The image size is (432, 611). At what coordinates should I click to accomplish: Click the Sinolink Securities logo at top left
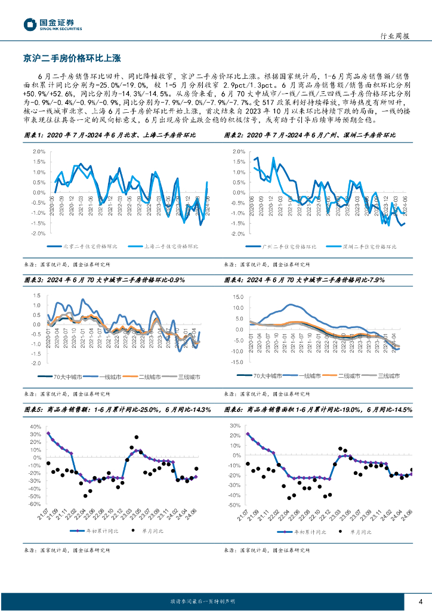(x=53, y=24)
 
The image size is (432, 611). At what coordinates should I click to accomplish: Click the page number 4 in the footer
(x=421, y=601)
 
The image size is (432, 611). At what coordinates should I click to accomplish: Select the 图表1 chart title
(x=110, y=135)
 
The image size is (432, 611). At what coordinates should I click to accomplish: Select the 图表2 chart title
(x=310, y=135)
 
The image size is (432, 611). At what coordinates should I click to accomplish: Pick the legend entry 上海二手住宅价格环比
(x=169, y=246)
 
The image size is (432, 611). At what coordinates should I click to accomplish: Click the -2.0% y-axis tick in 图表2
(x=238, y=234)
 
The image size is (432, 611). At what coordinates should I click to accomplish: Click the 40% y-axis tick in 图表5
(x=35, y=427)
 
